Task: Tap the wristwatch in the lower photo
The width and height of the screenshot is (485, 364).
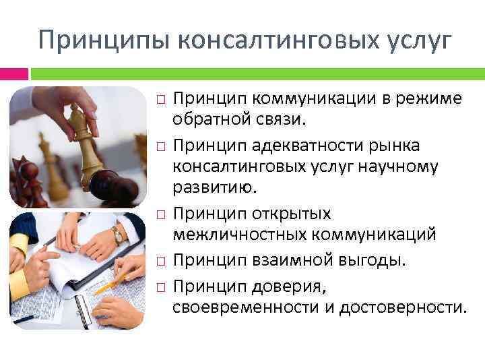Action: [117, 234]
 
